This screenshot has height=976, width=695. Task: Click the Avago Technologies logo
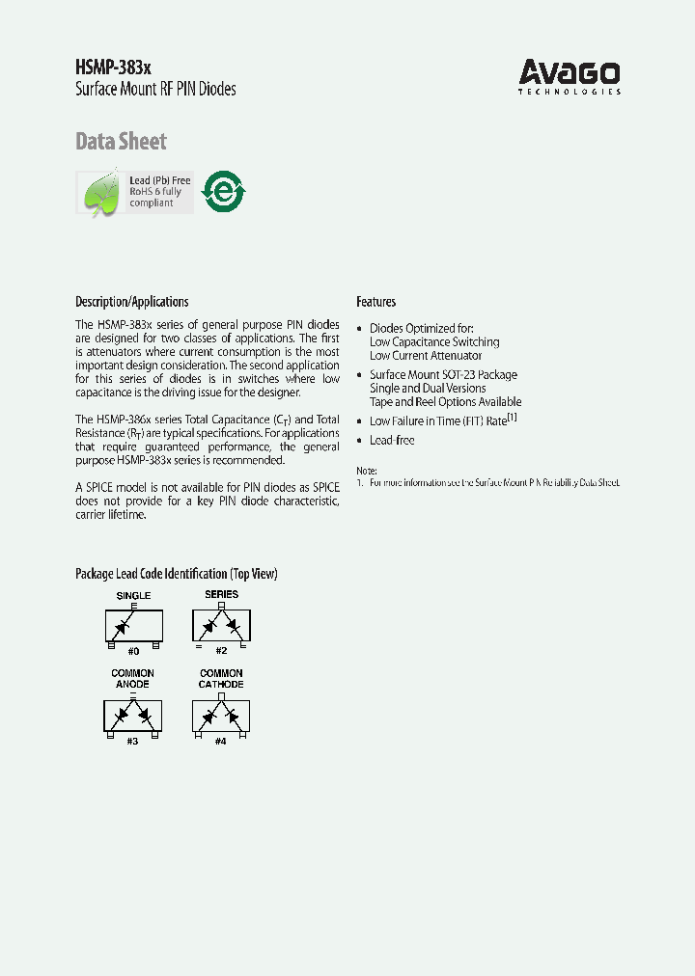pyautogui.click(x=570, y=76)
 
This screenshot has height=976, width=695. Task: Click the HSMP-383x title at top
pyautogui.click(x=112, y=68)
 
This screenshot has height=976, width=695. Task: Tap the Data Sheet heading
pyautogui.click(x=121, y=142)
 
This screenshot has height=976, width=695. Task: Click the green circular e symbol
pyautogui.click(x=223, y=191)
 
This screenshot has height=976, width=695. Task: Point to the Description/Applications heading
pyautogui.click(x=132, y=302)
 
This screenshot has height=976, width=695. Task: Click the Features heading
pyautogui.click(x=375, y=302)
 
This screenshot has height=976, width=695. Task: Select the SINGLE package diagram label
pyautogui.click(x=133, y=596)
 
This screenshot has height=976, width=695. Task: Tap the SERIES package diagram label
pyautogui.click(x=221, y=595)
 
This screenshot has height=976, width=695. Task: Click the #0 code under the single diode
pyautogui.click(x=133, y=652)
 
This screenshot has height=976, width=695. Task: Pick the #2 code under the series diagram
pyautogui.click(x=221, y=651)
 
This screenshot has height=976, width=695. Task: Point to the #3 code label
pyautogui.click(x=132, y=741)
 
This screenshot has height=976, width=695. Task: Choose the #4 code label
pyautogui.click(x=221, y=741)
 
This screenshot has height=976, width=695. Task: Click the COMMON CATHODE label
pyautogui.click(x=221, y=679)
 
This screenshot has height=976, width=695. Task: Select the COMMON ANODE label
pyautogui.click(x=132, y=679)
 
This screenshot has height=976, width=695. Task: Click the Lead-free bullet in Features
pyautogui.click(x=392, y=441)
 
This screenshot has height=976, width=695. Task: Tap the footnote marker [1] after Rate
pyautogui.click(x=514, y=418)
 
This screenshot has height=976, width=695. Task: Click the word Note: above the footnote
pyautogui.click(x=368, y=469)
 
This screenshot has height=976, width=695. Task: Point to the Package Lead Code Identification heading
pyautogui.click(x=176, y=574)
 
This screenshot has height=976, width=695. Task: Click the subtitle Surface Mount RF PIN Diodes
pyautogui.click(x=155, y=90)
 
